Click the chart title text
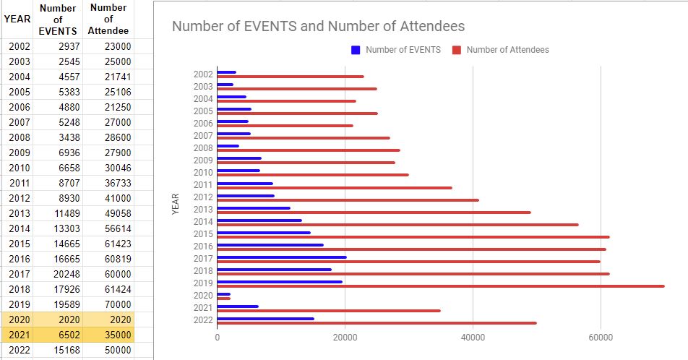[318, 27]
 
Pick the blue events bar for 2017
[282, 257]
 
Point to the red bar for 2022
[377, 323]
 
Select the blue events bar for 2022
[265, 318]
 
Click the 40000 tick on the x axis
[473, 337]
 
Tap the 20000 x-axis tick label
[345, 337]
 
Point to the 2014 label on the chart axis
[204, 221]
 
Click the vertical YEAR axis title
[176, 203]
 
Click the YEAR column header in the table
[17, 20]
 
